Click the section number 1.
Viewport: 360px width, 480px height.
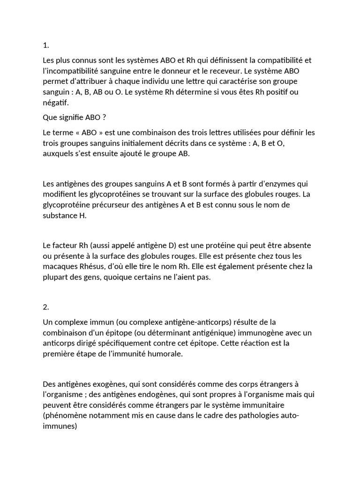45,45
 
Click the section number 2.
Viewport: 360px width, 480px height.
46,307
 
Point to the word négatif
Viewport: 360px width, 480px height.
55,102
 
